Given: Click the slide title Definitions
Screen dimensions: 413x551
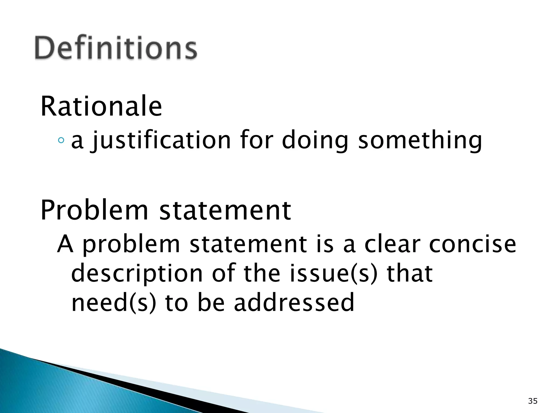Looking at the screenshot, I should (x=116, y=48).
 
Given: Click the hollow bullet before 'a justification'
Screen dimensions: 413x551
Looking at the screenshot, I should (x=61, y=140).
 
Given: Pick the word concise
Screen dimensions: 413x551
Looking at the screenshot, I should (x=472, y=244).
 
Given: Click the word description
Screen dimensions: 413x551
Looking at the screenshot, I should (x=137, y=274).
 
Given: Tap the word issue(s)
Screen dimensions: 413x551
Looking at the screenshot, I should (x=333, y=274).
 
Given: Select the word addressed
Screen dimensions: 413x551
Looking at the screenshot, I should (x=294, y=303).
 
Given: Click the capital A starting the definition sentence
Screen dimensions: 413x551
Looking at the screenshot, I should (x=65, y=244).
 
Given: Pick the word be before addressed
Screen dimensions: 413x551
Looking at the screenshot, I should (x=211, y=303).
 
